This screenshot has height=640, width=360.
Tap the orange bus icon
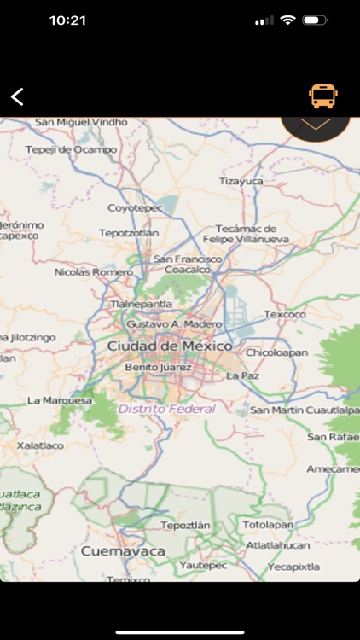click(322, 96)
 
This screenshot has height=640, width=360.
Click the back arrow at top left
click(17, 96)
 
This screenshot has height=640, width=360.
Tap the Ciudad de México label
click(169, 346)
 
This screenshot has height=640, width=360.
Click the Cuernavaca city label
click(123, 551)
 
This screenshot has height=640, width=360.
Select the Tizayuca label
click(241, 181)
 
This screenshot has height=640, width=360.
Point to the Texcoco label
click(284, 314)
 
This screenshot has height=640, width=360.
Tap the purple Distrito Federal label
click(167, 409)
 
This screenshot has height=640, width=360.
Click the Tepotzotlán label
click(129, 232)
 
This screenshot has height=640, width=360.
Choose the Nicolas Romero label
click(93, 272)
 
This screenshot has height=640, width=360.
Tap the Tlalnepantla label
click(142, 303)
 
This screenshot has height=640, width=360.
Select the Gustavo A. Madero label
click(174, 324)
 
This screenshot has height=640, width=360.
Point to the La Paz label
click(242, 375)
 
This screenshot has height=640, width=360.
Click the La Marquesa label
click(60, 399)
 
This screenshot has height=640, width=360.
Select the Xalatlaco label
click(41, 445)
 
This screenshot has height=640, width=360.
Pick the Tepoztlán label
click(185, 525)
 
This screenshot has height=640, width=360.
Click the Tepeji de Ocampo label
click(71, 149)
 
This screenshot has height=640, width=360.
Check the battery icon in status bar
click(315, 20)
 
